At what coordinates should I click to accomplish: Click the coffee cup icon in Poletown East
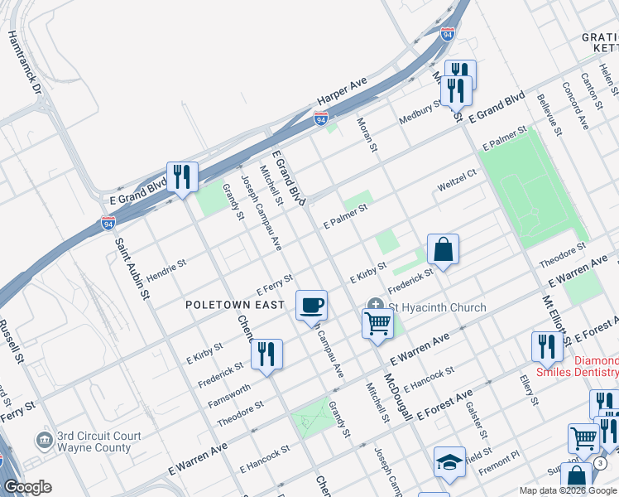312,304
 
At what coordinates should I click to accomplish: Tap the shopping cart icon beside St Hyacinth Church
377,321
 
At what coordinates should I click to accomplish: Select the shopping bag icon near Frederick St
443,248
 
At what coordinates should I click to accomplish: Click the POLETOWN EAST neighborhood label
236,305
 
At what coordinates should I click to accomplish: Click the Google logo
27,487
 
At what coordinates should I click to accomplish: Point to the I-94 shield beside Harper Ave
320,119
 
